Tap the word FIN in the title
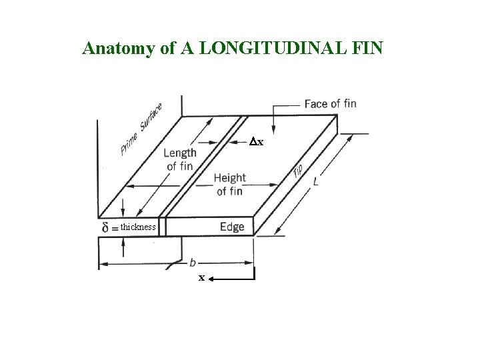[x=367, y=49]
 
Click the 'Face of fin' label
[x=330, y=103]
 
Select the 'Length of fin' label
[x=179, y=159]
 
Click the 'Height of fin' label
[x=230, y=184]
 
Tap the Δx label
[x=257, y=142]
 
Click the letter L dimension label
[x=315, y=181]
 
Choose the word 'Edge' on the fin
[x=232, y=227]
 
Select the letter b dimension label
[x=193, y=262]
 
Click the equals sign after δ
[x=115, y=228]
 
